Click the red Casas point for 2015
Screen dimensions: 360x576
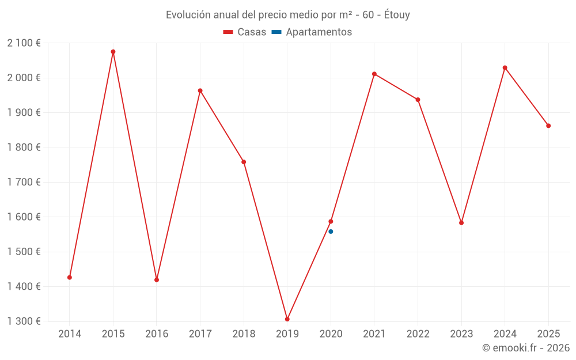point(113,52)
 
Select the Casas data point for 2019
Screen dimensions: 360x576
point(287,319)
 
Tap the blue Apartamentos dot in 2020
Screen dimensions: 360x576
point(331,232)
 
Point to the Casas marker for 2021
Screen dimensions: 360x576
point(374,74)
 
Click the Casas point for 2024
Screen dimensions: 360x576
point(505,68)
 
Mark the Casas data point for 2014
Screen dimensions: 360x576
point(70,278)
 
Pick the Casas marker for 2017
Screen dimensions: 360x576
point(200,90)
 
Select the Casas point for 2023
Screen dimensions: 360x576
point(461,223)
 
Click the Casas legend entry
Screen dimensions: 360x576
point(245,32)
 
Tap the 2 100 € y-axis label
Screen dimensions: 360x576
point(24,43)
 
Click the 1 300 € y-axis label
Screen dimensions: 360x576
point(24,321)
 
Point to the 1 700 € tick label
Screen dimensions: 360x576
point(24,183)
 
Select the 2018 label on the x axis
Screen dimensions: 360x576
point(244,334)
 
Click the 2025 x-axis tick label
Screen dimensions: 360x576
point(548,334)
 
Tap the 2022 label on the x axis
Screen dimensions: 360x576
point(418,334)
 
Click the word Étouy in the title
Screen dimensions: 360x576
point(397,15)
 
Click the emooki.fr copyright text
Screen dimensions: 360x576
point(526,348)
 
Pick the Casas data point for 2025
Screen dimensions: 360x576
point(548,126)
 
